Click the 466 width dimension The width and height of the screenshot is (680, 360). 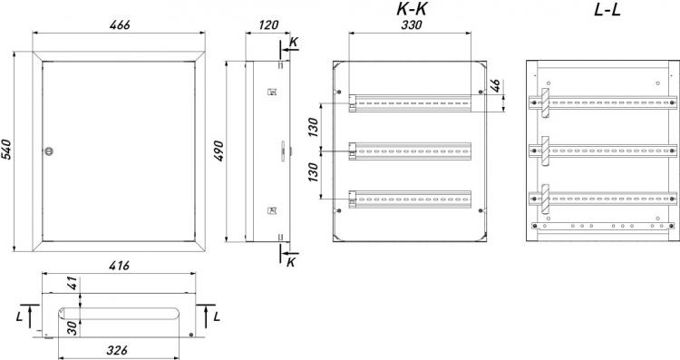coord(120,24)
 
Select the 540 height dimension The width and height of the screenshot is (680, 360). coord(7,150)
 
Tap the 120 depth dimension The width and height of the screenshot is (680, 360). coord(268,24)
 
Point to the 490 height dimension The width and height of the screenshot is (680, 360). coord(219,151)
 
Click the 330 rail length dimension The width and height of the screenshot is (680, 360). coord(412,24)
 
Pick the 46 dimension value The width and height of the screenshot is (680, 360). coord(495,85)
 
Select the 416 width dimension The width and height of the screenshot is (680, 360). coord(120,265)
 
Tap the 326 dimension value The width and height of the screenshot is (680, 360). coord(117,350)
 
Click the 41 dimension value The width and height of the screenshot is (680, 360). coord(73,283)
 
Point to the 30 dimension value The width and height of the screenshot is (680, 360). coord(73,328)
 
